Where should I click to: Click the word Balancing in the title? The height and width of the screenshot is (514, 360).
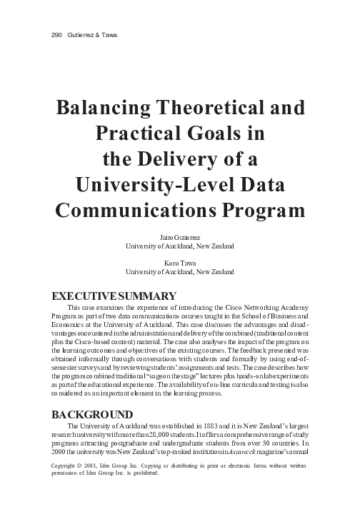point(106,109)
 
